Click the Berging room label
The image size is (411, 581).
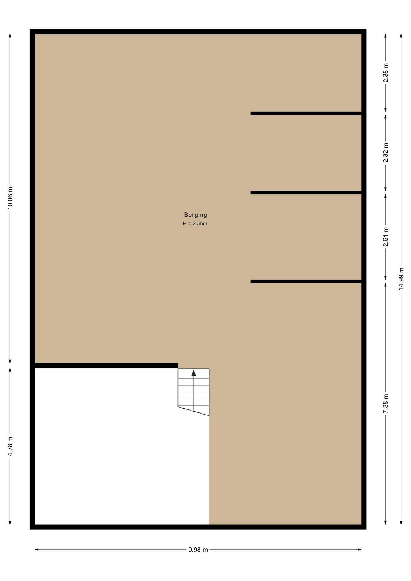point(196,215)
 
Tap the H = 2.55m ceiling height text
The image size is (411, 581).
point(195,224)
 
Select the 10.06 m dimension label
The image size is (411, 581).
point(10,198)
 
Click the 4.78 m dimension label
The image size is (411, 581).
point(10,446)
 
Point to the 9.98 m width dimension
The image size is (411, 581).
point(198,550)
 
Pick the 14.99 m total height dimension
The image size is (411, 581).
point(401,279)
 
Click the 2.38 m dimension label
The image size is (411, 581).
point(386,73)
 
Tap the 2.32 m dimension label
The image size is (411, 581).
point(386,153)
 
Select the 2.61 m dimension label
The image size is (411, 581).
point(386,237)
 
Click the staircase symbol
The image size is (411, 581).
point(193,392)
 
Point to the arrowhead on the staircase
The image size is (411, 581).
point(194,373)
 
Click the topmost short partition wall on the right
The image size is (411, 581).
point(306,113)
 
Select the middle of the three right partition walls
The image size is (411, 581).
point(306,192)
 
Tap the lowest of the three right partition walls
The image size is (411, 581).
point(306,281)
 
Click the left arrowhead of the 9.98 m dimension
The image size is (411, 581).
point(36,550)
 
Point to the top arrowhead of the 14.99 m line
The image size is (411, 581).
point(401,35)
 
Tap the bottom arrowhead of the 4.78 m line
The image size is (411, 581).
point(10,523)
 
